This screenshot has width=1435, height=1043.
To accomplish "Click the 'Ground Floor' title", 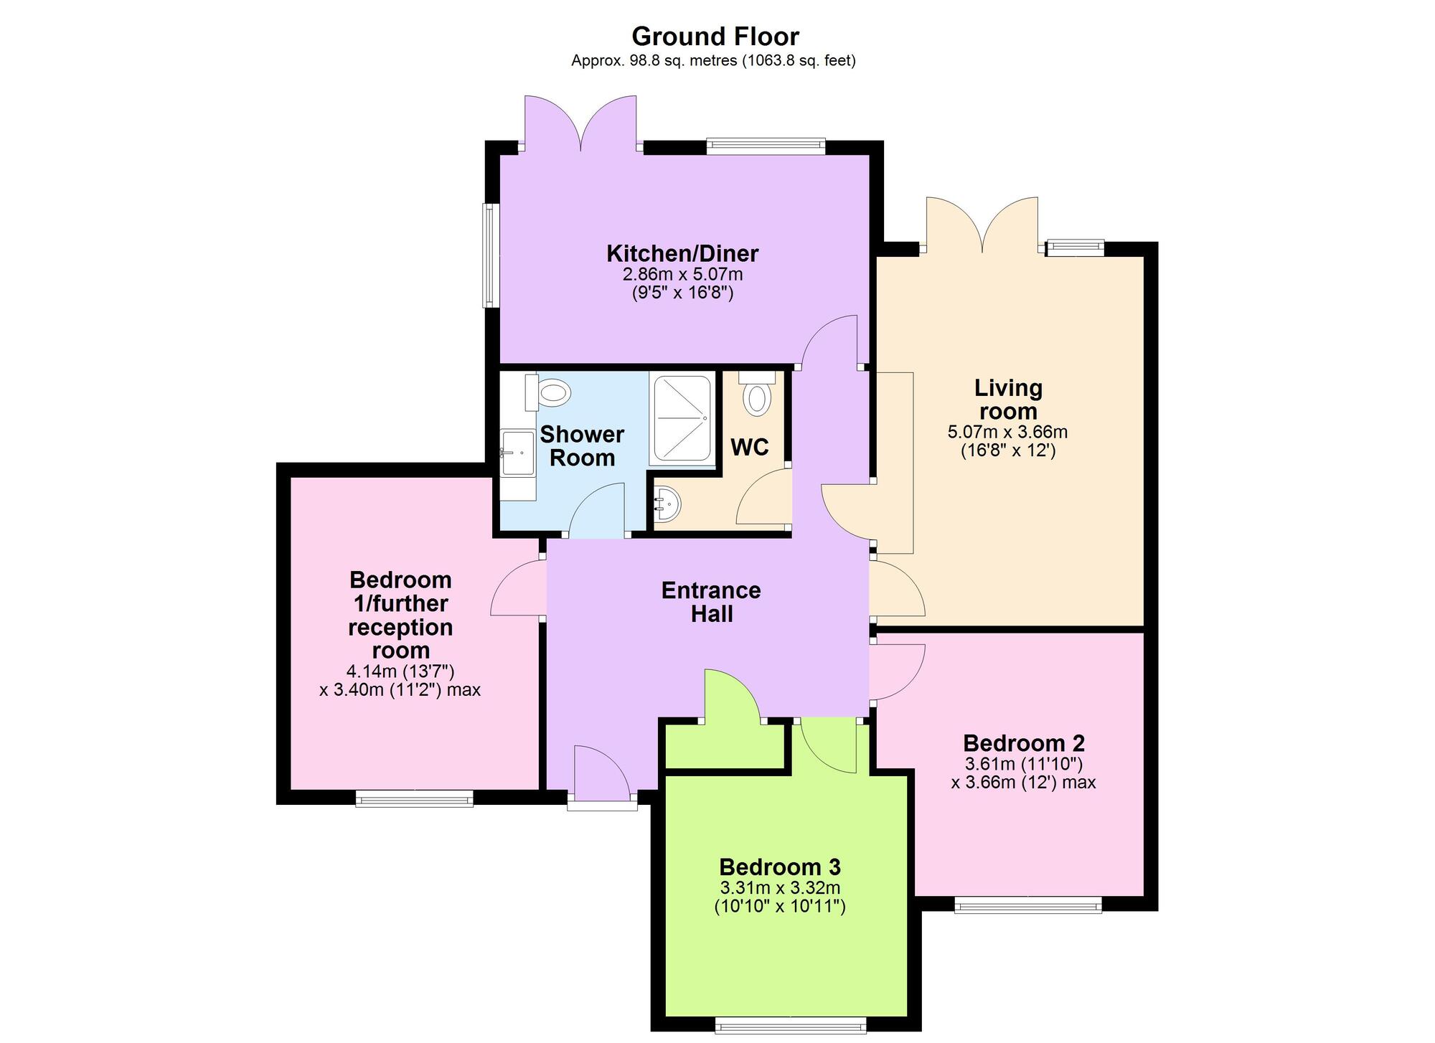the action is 715,36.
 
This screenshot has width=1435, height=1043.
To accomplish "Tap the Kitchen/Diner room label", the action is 682,253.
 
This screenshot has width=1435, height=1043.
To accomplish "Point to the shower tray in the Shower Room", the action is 682,418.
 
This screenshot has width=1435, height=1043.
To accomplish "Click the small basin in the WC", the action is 667,504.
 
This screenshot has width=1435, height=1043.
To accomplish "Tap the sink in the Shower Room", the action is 517,453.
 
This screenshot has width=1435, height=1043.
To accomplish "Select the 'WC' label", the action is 750,447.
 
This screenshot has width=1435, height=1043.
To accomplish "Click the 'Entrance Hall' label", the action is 711,602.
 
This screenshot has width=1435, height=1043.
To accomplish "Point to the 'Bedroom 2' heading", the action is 1024,742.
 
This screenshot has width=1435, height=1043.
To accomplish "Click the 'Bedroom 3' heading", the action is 780,867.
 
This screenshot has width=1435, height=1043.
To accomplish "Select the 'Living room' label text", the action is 1008,400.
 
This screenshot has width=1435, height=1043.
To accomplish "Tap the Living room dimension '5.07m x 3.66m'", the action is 1008,432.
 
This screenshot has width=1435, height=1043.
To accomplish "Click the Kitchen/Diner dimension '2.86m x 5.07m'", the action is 682,274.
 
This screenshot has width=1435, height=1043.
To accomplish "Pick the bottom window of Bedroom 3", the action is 791,1029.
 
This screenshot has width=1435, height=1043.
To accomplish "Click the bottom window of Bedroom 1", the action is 415,798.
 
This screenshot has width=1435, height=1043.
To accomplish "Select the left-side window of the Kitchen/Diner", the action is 491,256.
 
